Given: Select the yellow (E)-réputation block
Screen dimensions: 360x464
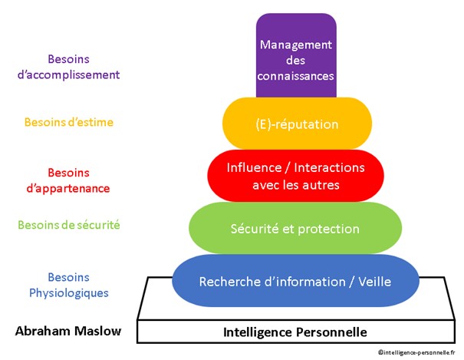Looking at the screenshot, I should pyautogui.click(x=296, y=124).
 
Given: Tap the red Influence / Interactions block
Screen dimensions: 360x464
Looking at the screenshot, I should pyautogui.click(x=295, y=176).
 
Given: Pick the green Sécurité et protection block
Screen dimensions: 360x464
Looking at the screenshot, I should pyautogui.click(x=295, y=228).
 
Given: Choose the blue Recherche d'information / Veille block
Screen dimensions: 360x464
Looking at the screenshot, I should pyautogui.click(x=295, y=282).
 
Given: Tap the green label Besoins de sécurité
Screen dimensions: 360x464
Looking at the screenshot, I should pyautogui.click(x=68, y=225).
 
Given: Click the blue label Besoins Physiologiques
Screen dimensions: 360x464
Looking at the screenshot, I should pyautogui.click(x=68, y=285).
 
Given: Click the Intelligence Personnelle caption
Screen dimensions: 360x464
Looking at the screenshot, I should pyautogui.click(x=295, y=332).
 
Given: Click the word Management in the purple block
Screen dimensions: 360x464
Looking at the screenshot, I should pyautogui.click(x=295, y=44).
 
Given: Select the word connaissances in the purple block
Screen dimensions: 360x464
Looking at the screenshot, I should pyautogui.click(x=296, y=75).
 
